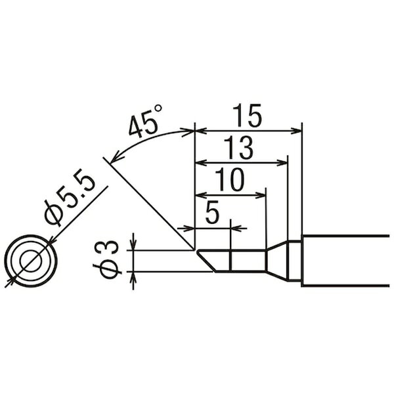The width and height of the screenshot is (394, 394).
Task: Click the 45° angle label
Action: click(145, 122)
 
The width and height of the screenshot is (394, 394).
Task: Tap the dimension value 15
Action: click(248, 116)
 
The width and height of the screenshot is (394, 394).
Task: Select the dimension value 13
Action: click(238, 148)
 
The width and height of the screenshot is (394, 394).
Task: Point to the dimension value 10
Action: click(229, 179)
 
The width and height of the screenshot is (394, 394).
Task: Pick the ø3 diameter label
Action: click(107, 259)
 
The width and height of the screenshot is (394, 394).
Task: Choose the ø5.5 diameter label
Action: click(70, 199)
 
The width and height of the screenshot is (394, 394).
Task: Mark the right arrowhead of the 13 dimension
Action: click(282, 163)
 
